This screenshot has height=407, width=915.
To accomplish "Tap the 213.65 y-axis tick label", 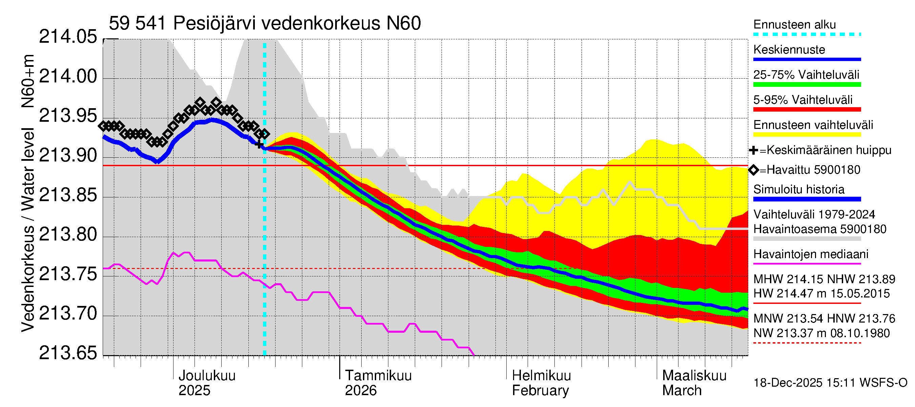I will point(67,353).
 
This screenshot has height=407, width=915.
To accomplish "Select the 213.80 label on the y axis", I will point(67,235).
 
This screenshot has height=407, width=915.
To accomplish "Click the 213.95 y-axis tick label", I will point(67,116).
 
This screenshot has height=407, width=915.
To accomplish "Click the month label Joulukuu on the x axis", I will point(207,375).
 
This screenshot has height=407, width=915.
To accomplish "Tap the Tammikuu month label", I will point(378,375).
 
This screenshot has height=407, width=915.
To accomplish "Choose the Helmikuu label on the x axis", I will point(541,375).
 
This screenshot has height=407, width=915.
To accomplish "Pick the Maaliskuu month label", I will point(694,375).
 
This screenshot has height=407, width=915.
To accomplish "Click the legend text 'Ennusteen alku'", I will point(794,24).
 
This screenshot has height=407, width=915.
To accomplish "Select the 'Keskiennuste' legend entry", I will point(789,50).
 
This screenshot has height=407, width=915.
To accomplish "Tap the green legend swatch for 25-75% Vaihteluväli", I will point(807,84).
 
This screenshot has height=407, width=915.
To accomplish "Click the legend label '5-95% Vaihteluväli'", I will point(802,100).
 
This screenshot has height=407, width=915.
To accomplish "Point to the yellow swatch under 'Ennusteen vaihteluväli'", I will point(807,135).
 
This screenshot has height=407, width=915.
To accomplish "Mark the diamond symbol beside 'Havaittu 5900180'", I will point(753,170).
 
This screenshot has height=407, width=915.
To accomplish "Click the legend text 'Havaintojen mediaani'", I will point(811,254).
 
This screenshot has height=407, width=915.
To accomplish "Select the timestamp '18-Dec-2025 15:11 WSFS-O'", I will point(830,383).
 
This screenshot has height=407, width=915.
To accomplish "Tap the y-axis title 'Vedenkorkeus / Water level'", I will point(28,230).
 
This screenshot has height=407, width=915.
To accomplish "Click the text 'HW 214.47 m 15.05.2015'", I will point(821,294).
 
